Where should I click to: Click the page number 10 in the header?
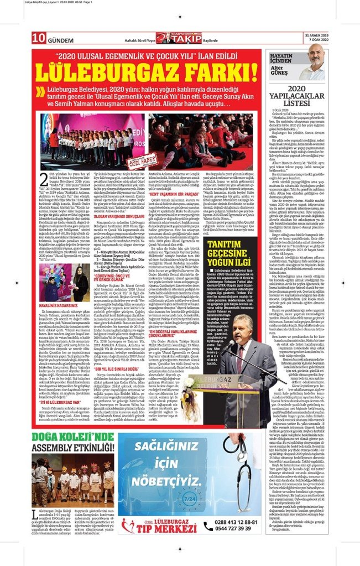[x=38, y=38]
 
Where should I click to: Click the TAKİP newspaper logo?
[x=179, y=37]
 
